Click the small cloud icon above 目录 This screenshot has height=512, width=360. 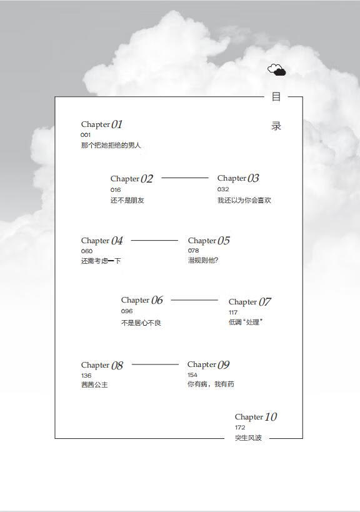coord(276,70)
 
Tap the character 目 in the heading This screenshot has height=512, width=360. coord(276,97)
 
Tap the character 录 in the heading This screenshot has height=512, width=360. coord(276,126)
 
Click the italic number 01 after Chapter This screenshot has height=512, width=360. coord(116,124)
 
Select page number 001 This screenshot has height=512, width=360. coord(86,135)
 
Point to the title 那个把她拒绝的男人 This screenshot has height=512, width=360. coord(111,145)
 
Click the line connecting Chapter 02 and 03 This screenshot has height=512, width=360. coord(185,178)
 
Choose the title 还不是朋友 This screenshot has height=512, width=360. coord(127,200)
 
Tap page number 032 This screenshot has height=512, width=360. coord(223,189)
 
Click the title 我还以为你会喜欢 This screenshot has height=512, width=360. coord(244,200)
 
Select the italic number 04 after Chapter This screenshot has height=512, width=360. coord(117,241)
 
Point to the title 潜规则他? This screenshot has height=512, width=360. coord(203,260)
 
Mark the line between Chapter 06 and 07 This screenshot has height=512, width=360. coord(194,299)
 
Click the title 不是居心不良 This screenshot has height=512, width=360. coord(141,323)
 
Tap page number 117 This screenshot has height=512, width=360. coord(233,312)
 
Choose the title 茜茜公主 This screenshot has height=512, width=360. coord(94,384)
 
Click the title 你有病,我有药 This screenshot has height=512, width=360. coord(211,384)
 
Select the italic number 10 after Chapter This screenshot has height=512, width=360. coord(271,416)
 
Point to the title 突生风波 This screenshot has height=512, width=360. coord(248,438)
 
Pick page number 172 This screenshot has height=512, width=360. coord(240,428)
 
